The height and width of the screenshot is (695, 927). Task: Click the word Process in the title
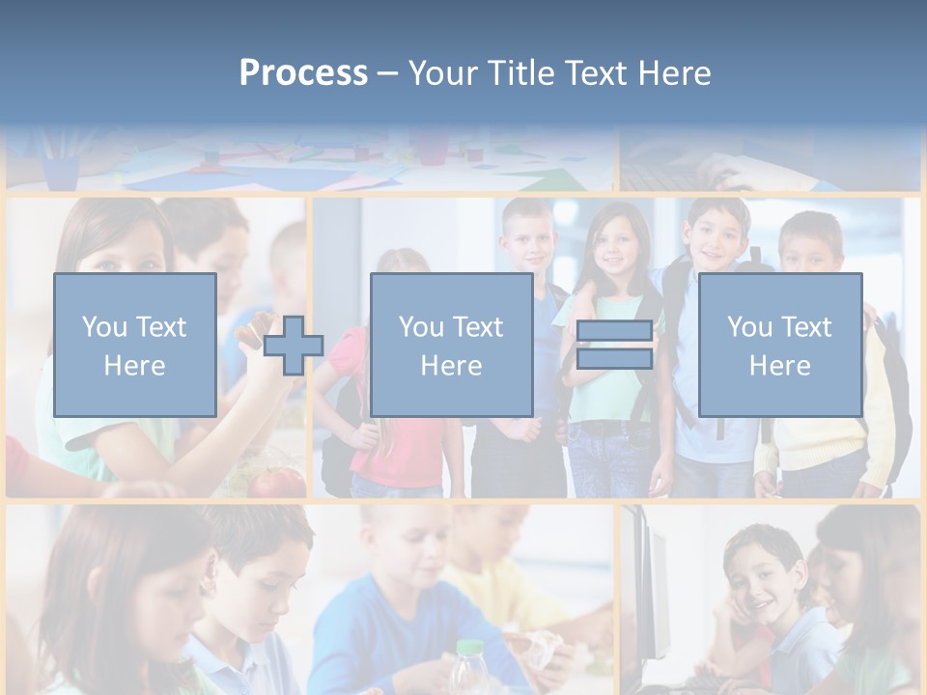click(x=303, y=72)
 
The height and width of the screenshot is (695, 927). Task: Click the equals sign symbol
click(x=614, y=345)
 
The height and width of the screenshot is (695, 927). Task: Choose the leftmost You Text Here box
click(x=134, y=345)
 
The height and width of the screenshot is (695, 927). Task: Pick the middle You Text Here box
click(x=451, y=345)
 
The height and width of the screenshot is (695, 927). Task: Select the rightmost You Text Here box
click(x=779, y=345)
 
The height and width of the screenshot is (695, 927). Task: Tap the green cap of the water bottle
click(x=469, y=648)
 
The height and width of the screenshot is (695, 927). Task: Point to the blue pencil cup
click(x=61, y=173)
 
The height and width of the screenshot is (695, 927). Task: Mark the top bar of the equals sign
click(x=614, y=331)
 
